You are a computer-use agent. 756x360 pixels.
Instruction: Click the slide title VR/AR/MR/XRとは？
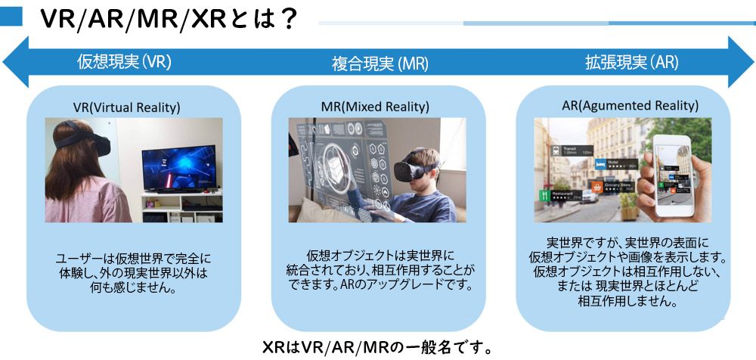tap(168, 19)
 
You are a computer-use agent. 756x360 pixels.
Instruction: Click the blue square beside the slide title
tap(11, 17)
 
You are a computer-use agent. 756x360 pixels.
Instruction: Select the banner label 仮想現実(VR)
tap(124, 61)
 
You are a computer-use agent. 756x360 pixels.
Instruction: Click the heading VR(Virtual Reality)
tap(127, 107)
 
